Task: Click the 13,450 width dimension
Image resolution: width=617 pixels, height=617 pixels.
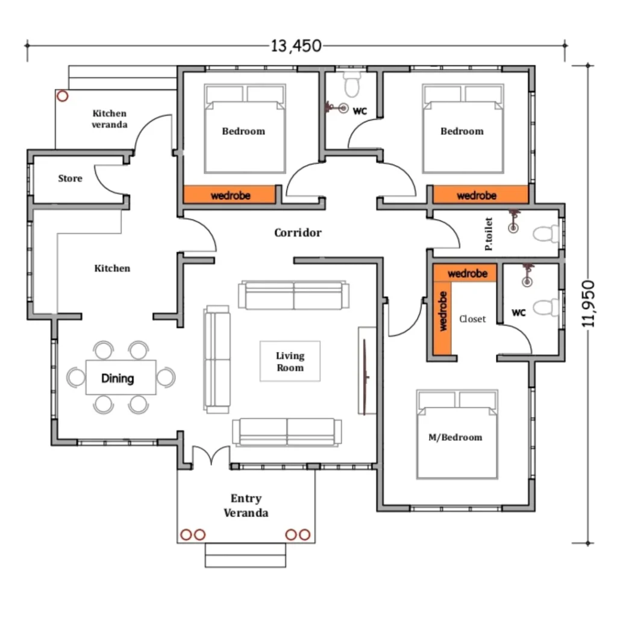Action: [x=296, y=46]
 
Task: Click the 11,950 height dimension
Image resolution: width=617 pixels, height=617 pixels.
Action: [x=588, y=304]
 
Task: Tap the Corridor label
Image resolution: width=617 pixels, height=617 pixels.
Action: [x=298, y=233]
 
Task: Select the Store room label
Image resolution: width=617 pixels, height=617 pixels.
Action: [x=70, y=178]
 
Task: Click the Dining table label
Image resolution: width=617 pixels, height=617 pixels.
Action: [x=117, y=378]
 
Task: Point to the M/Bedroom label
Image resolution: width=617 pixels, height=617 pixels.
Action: [x=456, y=437]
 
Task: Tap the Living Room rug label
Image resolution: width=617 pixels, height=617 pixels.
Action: [x=290, y=362]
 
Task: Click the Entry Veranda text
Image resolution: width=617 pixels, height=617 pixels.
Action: [x=246, y=506]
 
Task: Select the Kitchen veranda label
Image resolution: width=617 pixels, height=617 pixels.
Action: [x=110, y=119]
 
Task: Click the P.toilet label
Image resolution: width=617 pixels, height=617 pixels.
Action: [x=489, y=234]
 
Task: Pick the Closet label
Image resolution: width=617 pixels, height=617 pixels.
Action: [x=472, y=319]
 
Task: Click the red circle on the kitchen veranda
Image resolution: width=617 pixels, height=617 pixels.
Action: [x=62, y=96]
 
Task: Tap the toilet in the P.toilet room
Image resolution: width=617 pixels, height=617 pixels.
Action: [x=546, y=234]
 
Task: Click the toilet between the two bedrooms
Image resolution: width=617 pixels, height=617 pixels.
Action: [x=352, y=84]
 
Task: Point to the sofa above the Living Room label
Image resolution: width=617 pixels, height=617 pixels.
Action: [x=293, y=295]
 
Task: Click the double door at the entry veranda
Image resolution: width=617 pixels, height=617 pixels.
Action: [x=211, y=456]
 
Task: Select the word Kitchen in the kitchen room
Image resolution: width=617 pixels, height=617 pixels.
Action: [x=112, y=268]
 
